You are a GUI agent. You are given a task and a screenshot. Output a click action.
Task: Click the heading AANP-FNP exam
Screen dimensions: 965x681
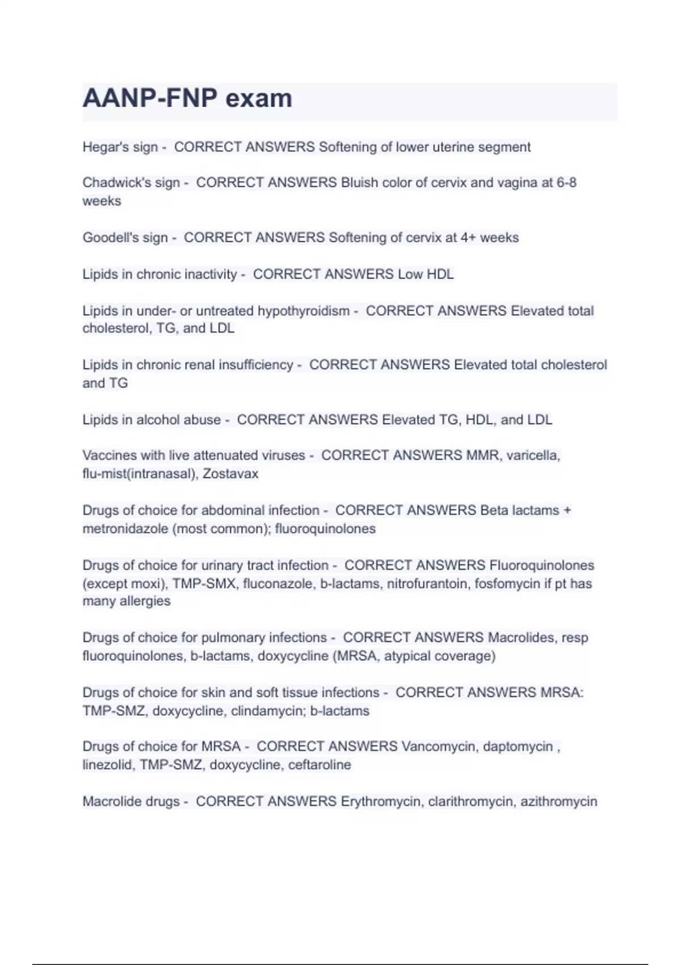[x=187, y=98]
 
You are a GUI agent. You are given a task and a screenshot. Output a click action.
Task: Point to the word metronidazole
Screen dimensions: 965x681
[x=125, y=529]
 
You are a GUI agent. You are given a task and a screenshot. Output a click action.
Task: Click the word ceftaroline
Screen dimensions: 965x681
[x=320, y=765]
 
